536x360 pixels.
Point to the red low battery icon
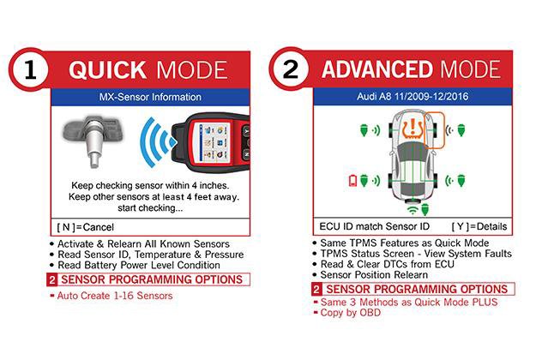352,181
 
